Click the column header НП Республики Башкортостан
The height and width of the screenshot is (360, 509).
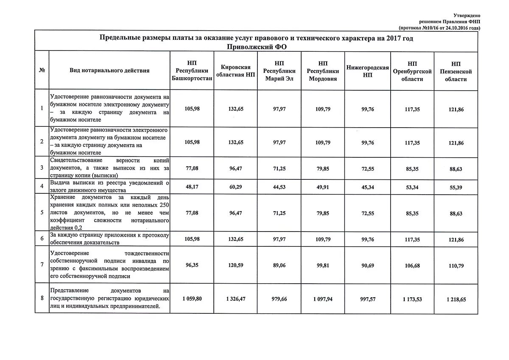pos(192,71)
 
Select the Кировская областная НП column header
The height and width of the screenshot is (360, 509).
pos(236,71)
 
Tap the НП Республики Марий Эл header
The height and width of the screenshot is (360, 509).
pos(280,71)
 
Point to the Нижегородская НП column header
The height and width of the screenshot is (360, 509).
pos(367,71)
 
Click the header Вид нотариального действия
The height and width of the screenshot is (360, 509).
pos(109,71)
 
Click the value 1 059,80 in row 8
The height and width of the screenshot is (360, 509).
pos(192,299)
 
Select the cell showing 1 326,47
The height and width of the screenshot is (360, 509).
pos(236,299)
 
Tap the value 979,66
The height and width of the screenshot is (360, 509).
pos(280,299)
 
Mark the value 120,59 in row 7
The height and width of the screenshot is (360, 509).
pos(236,265)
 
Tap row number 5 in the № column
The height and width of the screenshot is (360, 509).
pos(42,212)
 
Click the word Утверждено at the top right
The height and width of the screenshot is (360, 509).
pos(467,15)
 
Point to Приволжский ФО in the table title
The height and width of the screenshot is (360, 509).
pos(256,46)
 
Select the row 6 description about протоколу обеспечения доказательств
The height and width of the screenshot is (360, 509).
pos(109,239)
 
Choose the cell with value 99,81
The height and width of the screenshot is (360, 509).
pos(323,265)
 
